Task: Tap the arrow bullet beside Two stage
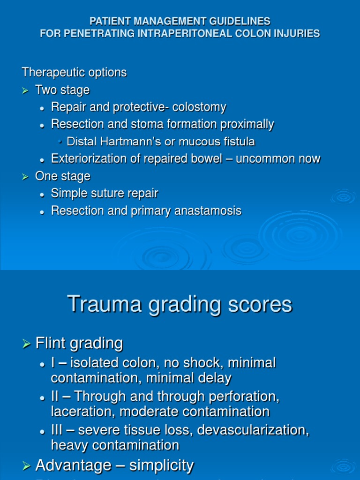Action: tap(26, 90)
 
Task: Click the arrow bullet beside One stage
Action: tap(26, 177)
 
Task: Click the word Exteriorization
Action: tap(83, 159)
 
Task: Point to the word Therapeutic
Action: tap(50, 73)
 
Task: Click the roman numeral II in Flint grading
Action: tap(56, 397)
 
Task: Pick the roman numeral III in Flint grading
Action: tap(58, 430)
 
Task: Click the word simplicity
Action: tap(161, 465)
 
